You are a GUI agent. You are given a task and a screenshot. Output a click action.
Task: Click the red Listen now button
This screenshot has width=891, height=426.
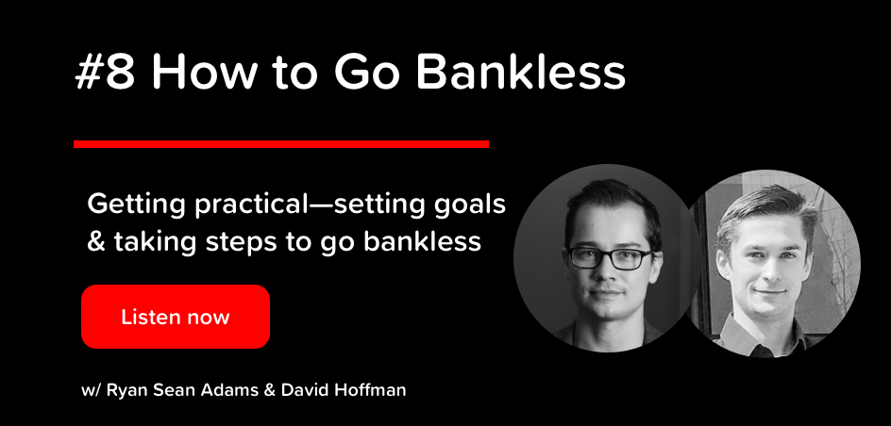tap(175, 317)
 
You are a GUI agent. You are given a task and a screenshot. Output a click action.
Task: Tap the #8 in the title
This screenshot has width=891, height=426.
tap(105, 74)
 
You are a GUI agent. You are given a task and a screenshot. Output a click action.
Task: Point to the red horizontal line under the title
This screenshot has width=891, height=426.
tap(281, 144)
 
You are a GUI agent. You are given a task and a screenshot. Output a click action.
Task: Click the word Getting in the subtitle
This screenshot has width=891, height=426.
tap(136, 205)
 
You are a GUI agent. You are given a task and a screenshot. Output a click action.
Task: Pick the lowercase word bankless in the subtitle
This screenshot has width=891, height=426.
tap(422, 241)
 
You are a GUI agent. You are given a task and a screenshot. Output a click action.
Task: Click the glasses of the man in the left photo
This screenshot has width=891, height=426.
tap(612, 258)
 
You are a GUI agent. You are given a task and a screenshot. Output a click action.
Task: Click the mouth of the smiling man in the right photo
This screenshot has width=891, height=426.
tap(769, 293)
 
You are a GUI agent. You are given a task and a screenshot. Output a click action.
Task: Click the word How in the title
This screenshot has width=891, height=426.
tap(201, 74)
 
